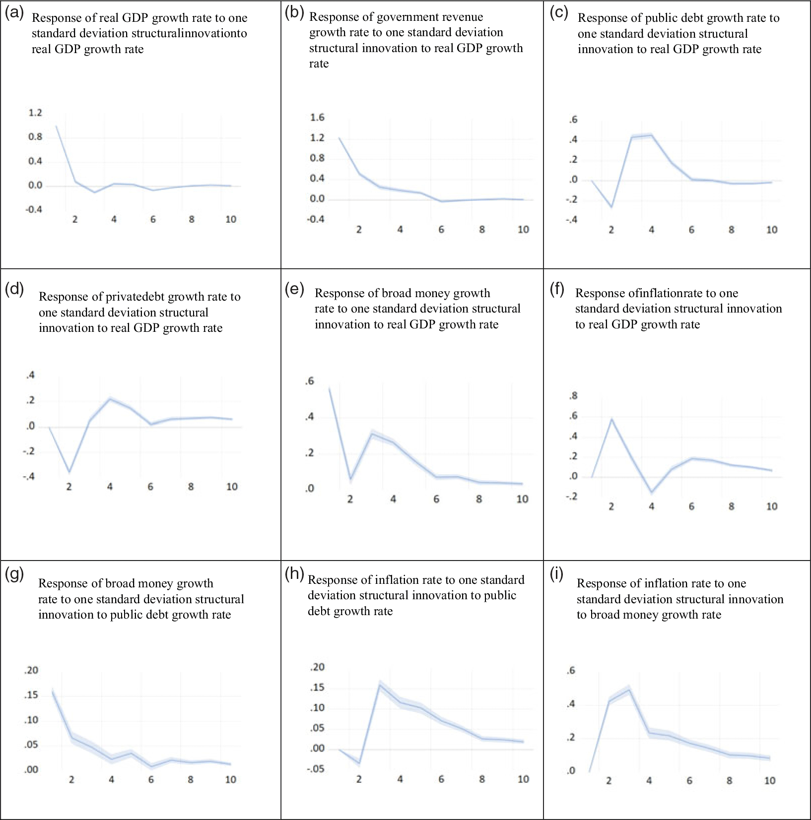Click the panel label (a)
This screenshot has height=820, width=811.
click(14, 13)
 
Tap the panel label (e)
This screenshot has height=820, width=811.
click(294, 289)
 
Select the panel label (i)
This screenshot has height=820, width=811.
click(557, 574)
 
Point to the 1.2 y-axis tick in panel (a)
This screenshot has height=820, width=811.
click(35, 113)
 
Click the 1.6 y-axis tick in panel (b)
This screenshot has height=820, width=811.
click(317, 118)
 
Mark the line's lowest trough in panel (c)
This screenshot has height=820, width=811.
click(611, 207)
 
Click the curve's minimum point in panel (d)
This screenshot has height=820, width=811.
click(69, 472)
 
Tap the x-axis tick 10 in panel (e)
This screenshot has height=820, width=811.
click(522, 499)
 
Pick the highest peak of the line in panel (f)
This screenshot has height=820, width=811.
click(611, 419)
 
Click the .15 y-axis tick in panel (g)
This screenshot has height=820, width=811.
click(31, 695)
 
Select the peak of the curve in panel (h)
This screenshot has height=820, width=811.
click(380, 685)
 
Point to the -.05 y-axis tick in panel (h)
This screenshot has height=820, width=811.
click(316, 769)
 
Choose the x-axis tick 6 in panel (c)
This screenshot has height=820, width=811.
click(691, 230)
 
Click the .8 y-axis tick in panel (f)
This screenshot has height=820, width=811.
click(573, 396)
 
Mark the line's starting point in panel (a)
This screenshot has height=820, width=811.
click(56, 126)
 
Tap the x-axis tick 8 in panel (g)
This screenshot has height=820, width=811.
click(191, 780)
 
